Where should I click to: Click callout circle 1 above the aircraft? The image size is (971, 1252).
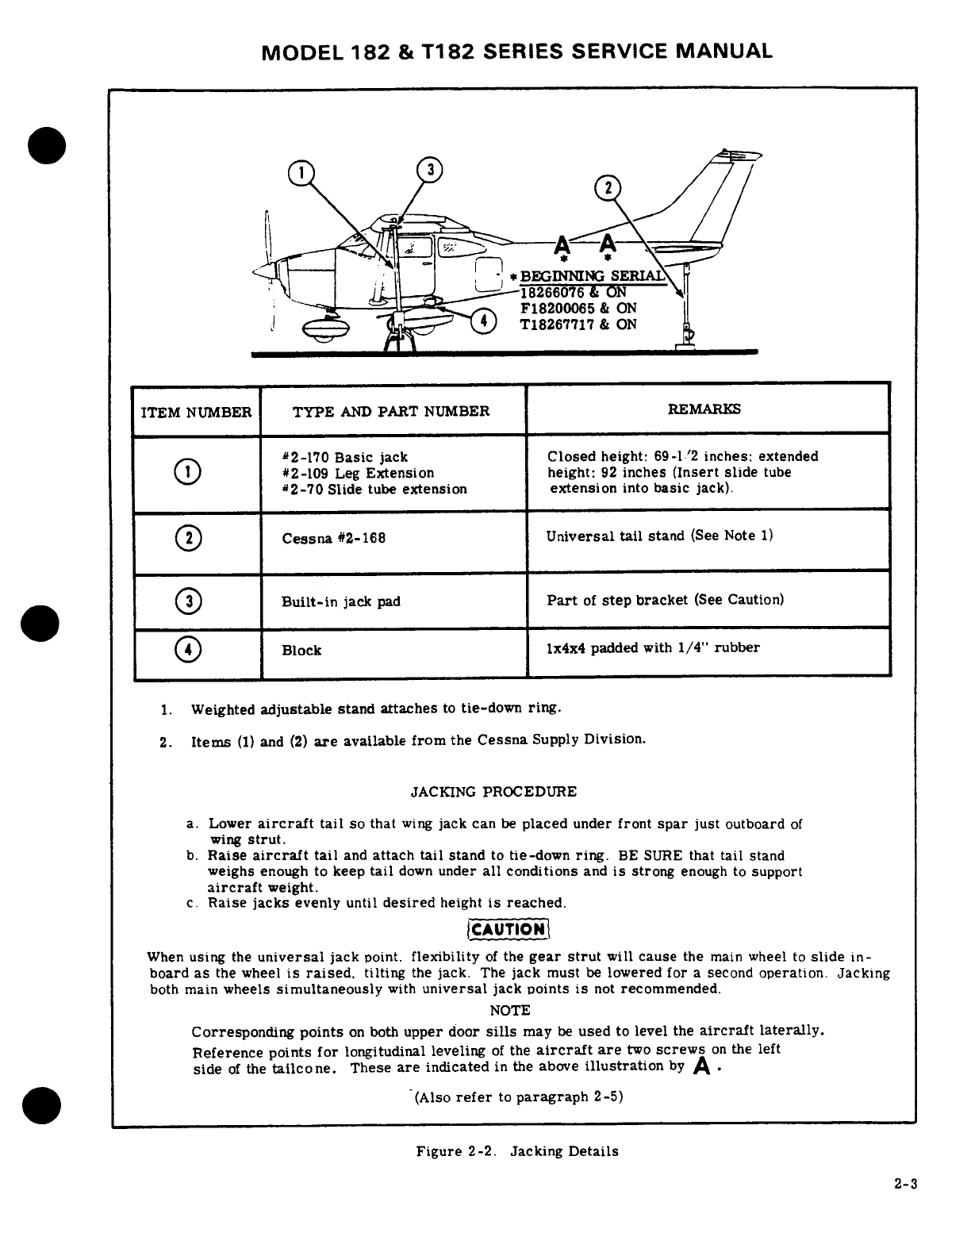tap(301, 171)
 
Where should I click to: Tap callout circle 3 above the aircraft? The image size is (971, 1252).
tap(430, 169)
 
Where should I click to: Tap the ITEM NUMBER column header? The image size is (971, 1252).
tap(196, 412)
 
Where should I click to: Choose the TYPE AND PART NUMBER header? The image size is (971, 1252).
tap(391, 411)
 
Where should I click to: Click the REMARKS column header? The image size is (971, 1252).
tap(704, 409)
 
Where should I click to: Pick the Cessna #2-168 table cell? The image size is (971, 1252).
tap(334, 538)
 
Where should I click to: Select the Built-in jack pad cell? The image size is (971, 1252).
tap(341, 601)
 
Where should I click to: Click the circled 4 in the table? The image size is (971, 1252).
tap(192, 650)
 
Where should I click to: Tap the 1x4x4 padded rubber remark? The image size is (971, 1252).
tap(653, 647)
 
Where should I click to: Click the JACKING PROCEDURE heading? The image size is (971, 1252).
tap(493, 792)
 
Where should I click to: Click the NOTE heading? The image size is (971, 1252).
tap(509, 1010)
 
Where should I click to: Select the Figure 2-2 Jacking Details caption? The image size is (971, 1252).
tap(517, 1151)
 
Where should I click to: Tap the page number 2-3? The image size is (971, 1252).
tap(904, 1207)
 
